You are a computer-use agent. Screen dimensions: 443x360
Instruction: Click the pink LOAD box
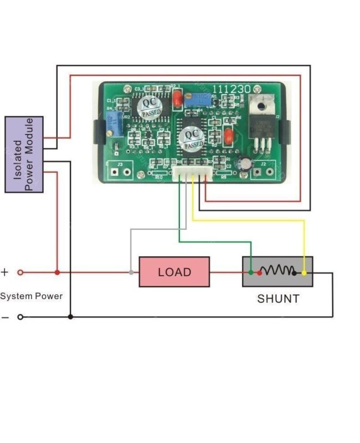click(x=174, y=272)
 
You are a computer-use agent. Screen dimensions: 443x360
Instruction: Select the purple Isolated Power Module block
click(x=24, y=154)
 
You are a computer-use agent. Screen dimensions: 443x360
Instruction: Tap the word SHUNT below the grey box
click(x=278, y=299)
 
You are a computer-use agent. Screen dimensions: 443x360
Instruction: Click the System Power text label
click(x=31, y=296)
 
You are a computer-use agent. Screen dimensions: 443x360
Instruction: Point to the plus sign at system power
click(x=5, y=272)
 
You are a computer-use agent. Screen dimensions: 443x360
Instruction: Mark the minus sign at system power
click(x=5, y=317)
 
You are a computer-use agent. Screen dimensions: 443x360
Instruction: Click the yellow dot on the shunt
click(x=304, y=272)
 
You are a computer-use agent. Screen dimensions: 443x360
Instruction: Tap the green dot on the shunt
click(x=251, y=272)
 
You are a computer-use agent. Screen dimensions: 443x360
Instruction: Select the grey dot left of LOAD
click(x=131, y=272)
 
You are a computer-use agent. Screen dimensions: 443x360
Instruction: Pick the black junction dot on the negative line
click(x=70, y=317)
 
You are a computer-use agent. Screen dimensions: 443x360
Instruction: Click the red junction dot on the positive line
click(x=57, y=272)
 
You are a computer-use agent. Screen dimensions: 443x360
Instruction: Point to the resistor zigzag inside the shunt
click(x=278, y=270)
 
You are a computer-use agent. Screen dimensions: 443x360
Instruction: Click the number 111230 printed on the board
click(x=232, y=89)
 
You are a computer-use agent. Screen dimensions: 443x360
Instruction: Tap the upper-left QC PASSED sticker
click(x=150, y=106)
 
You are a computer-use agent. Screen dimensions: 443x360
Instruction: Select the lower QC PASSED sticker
click(x=193, y=138)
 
